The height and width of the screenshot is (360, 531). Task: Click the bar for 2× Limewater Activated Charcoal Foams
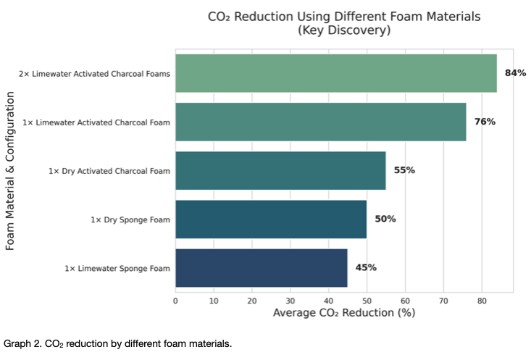tap(336, 73)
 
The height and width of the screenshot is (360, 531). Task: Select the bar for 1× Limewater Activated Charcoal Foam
tap(321, 122)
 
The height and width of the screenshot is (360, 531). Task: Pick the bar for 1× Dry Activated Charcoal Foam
tap(280, 171)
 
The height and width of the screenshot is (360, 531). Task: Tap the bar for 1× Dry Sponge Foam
tap(271, 219)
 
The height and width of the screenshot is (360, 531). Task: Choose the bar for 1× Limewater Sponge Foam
tap(262, 268)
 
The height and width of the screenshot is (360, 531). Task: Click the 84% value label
tap(515, 73)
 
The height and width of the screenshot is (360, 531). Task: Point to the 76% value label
tap(485, 122)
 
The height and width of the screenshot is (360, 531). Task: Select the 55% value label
tap(404, 170)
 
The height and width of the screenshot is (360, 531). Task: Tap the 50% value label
tap(385, 219)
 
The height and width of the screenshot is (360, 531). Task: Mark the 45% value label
tap(366, 267)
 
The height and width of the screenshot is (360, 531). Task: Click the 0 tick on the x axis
tap(175, 301)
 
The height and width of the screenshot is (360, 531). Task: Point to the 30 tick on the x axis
tap(290, 301)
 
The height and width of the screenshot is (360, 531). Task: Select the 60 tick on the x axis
tap(405, 301)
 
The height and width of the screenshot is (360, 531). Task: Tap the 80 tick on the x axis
tap(482, 301)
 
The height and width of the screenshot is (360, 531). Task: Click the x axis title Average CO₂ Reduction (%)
tap(344, 313)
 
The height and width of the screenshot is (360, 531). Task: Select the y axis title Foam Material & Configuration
tap(10, 171)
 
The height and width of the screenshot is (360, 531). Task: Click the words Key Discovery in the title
tap(344, 30)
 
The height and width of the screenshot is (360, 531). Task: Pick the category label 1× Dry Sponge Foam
tap(130, 219)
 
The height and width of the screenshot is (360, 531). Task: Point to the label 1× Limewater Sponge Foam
tap(117, 269)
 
